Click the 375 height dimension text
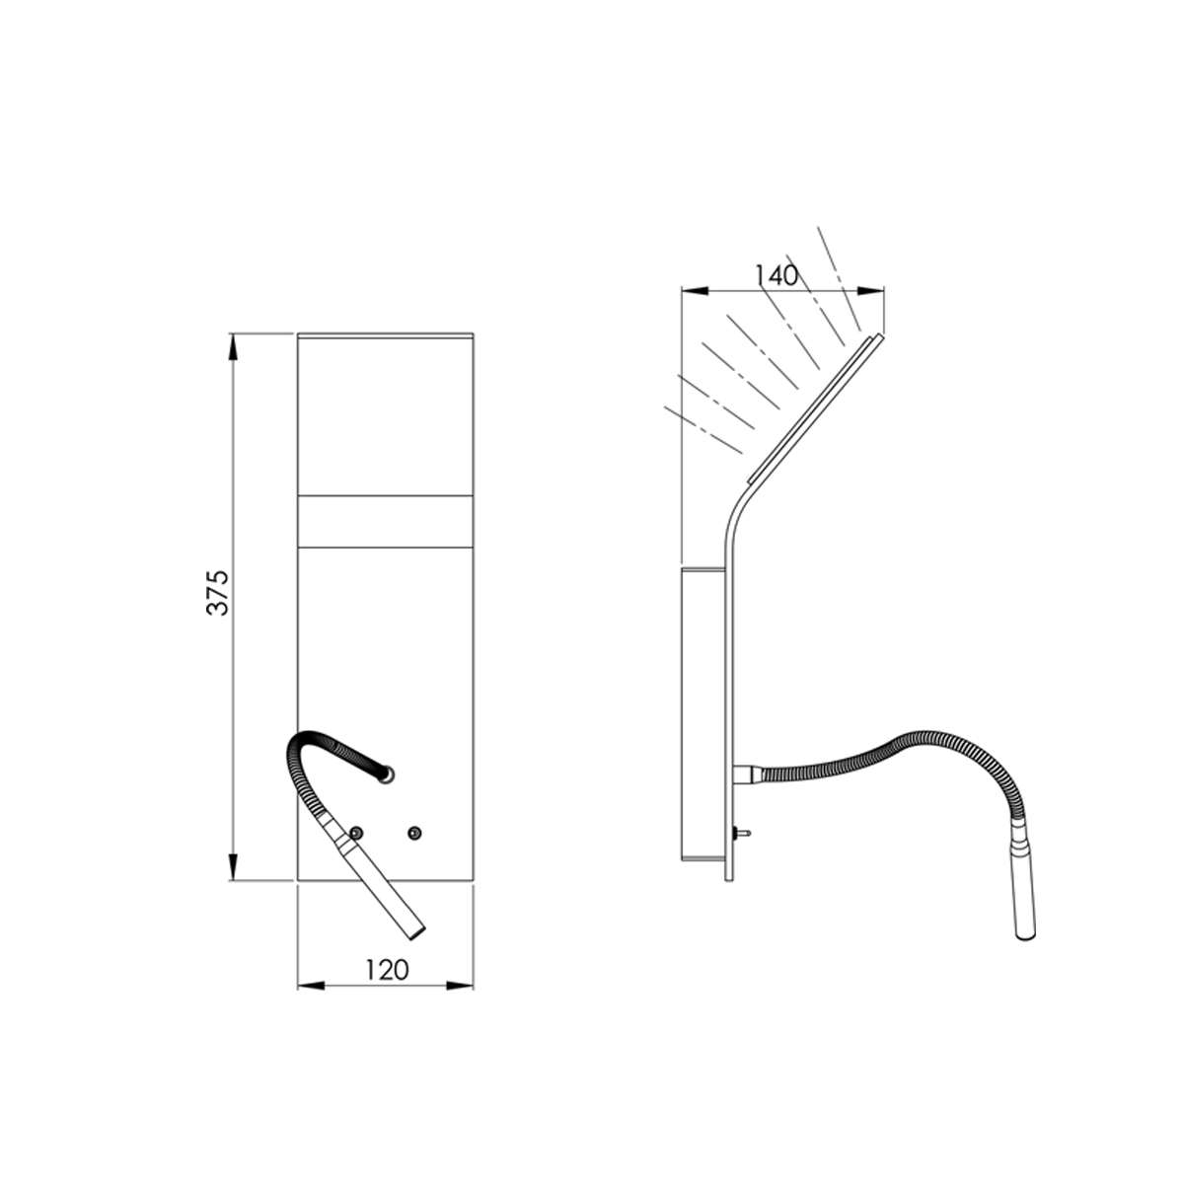[x=218, y=593]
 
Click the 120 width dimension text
[x=387, y=970]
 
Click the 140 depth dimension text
[x=777, y=276]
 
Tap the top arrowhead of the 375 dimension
[x=232, y=347]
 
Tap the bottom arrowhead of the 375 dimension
[x=232, y=867]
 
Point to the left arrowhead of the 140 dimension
[x=696, y=291]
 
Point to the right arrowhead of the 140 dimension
[x=870, y=291]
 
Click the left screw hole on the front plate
[x=355, y=833]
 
